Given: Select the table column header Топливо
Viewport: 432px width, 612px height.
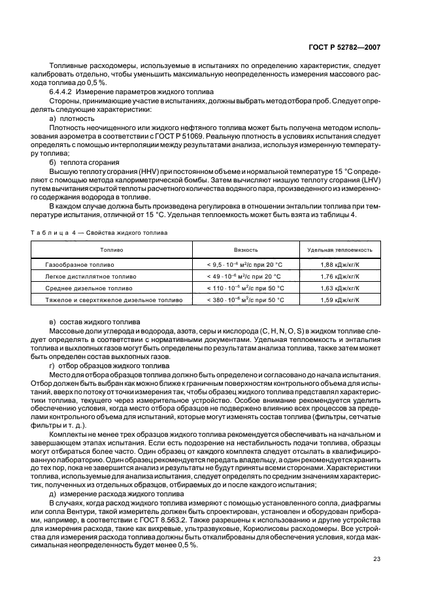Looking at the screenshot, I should click(x=111, y=250).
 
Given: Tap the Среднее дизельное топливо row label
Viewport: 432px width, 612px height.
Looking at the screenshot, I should click(x=89, y=288).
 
